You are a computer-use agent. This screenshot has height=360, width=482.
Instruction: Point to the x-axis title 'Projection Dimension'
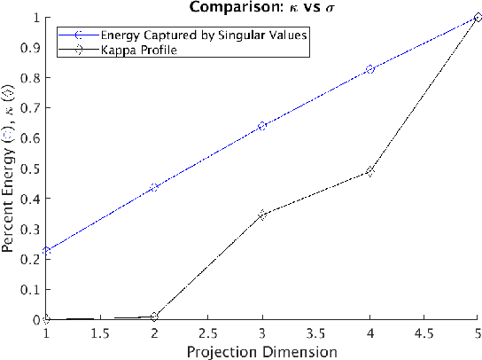262,352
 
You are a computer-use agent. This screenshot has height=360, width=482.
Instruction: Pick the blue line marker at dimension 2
154,187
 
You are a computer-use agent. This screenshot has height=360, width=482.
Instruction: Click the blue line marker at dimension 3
262,126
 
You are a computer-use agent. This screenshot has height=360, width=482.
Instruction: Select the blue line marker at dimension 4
370,69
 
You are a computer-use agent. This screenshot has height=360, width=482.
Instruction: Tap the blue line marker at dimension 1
46,251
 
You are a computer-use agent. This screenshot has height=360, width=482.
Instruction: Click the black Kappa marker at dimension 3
262,215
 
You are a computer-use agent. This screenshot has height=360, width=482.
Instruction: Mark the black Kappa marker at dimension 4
370,171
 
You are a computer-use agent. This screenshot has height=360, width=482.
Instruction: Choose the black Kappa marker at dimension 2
154,317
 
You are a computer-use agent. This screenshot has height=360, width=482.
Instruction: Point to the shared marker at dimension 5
478,17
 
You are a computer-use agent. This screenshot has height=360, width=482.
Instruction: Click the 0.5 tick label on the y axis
32,168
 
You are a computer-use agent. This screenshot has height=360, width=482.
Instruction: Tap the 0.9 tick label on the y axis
32,47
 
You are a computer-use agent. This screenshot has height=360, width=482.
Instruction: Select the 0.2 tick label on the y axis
32,259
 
